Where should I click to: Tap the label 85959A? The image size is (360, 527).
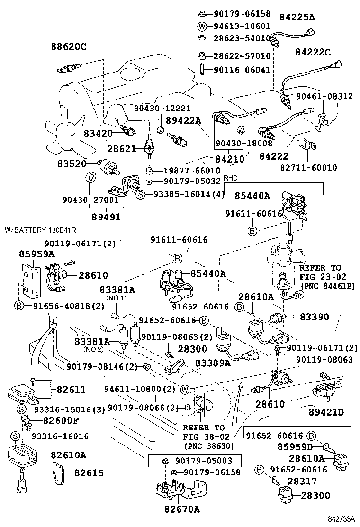(37, 254)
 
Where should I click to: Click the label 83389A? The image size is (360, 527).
(212, 363)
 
